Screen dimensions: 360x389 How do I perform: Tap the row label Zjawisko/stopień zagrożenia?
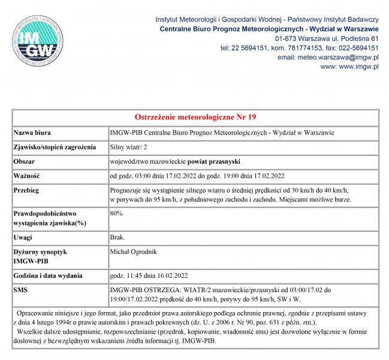pyautogui.click(x=56, y=146)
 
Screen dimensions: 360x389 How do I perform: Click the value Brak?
pyautogui.click(x=117, y=238)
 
